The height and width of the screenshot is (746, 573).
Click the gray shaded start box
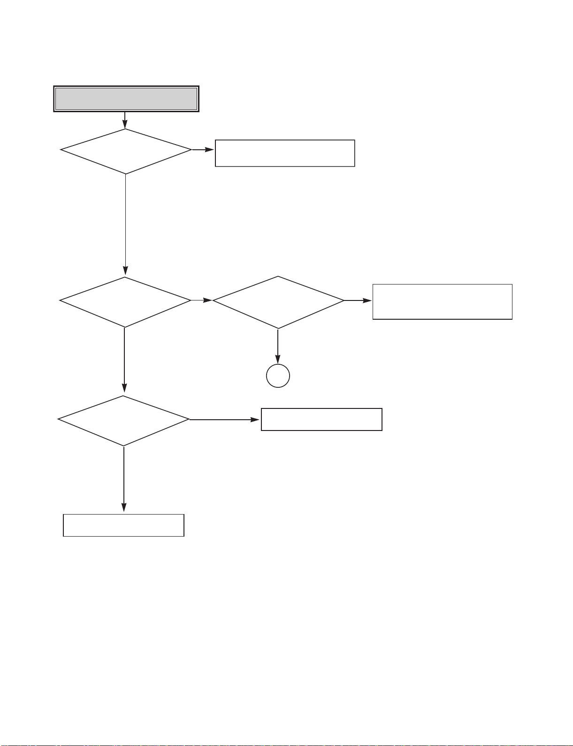pyautogui.click(x=126, y=99)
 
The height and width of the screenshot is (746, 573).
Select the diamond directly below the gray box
pyautogui.click(x=126, y=151)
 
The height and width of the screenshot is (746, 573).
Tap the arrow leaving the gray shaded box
pyautogui.click(x=125, y=120)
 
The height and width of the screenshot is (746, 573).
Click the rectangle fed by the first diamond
pyautogui.click(x=284, y=153)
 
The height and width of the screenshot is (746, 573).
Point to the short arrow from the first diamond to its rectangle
pyautogui.click(x=203, y=150)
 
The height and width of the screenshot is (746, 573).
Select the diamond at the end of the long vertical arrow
pyautogui.click(x=125, y=301)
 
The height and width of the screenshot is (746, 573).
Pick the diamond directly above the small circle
pyautogui.click(x=278, y=302)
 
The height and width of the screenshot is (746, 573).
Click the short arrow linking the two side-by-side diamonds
pyautogui.click(x=202, y=300)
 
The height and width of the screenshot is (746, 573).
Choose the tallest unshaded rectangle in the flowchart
pyautogui.click(x=442, y=301)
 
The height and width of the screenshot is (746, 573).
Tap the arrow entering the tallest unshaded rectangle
pyautogui.click(x=358, y=300)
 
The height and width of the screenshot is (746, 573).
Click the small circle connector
pyautogui.click(x=278, y=376)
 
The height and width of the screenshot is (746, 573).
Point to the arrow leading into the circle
pyautogui.click(x=278, y=346)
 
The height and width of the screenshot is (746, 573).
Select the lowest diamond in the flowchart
pyautogui.click(x=123, y=420)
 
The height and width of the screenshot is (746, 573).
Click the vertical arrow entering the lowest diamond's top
pyautogui.click(x=124, y=360)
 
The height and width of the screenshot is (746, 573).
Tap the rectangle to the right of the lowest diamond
pyautogui.click(x=321, y=419)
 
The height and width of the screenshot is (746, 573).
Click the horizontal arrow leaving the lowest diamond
pyautogui.click(x=225, y=419)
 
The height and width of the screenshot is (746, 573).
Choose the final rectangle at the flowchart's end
pyautogui.click(x=123, y=525)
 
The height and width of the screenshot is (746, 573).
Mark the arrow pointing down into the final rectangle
pyautogui.click(x=124, y=479)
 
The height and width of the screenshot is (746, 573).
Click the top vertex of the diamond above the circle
pyautogui.click(x=278, y=277)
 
